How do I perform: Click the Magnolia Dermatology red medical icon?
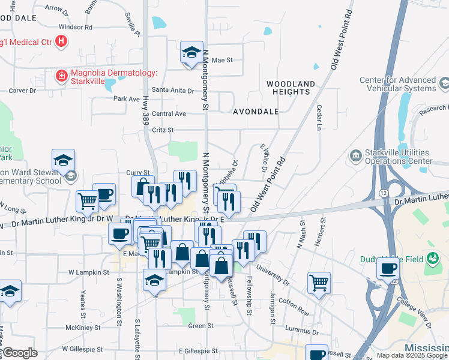(x=61, y=76)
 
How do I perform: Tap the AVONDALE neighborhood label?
(x=256, y=112)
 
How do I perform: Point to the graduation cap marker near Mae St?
(x=191, y=53)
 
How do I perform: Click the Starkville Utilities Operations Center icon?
(x=355, y=157)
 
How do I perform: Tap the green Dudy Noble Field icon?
(x=433, y=259)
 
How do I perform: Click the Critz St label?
(x=163, y=130)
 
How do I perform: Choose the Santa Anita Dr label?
(x=173, y=91)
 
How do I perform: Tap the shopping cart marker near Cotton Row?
(x=319, y=283)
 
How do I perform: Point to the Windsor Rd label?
(x=76, y=27)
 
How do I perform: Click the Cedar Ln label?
(x=319, y=118)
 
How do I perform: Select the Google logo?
(x=20, y=353)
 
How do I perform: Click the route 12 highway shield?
(x=382, y=191)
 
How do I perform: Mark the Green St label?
(x=197, y=326)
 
